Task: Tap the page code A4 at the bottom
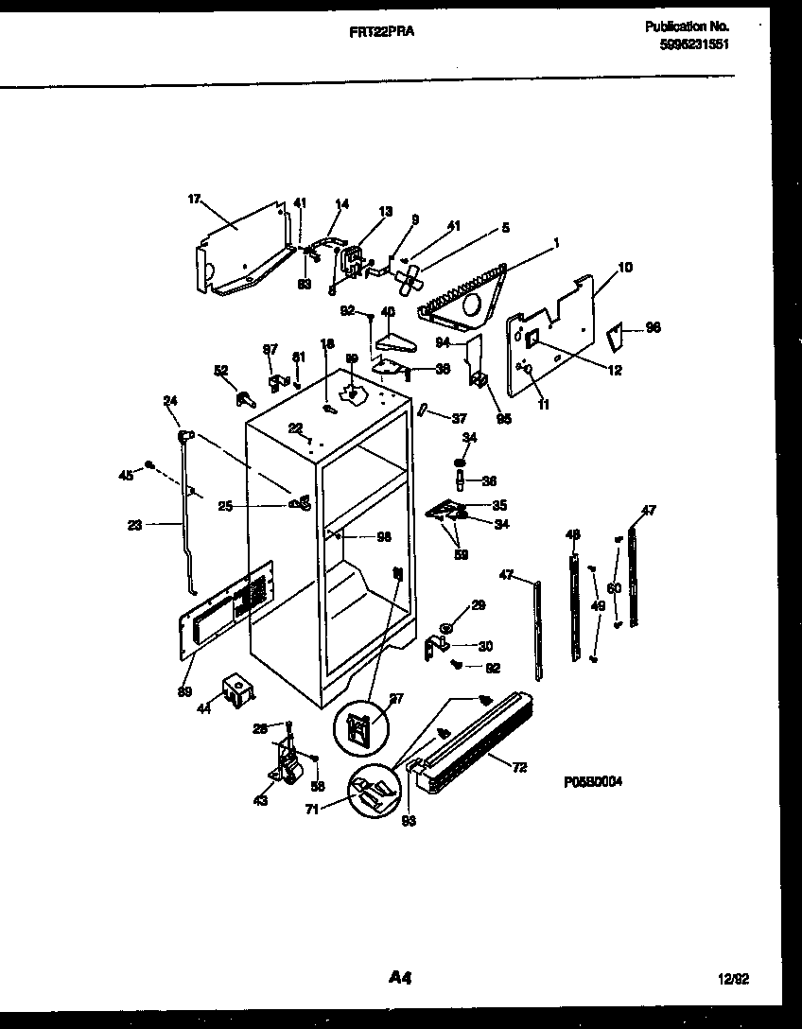click(x=399, y=976)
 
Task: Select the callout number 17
click(x=194, y=199)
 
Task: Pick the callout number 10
click(x=625, y=269)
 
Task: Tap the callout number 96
click(x=653, y=327)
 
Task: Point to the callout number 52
click(x=221, y=370)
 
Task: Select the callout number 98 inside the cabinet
click(x=383, y=537)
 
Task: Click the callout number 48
click(x=572, y=535)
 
